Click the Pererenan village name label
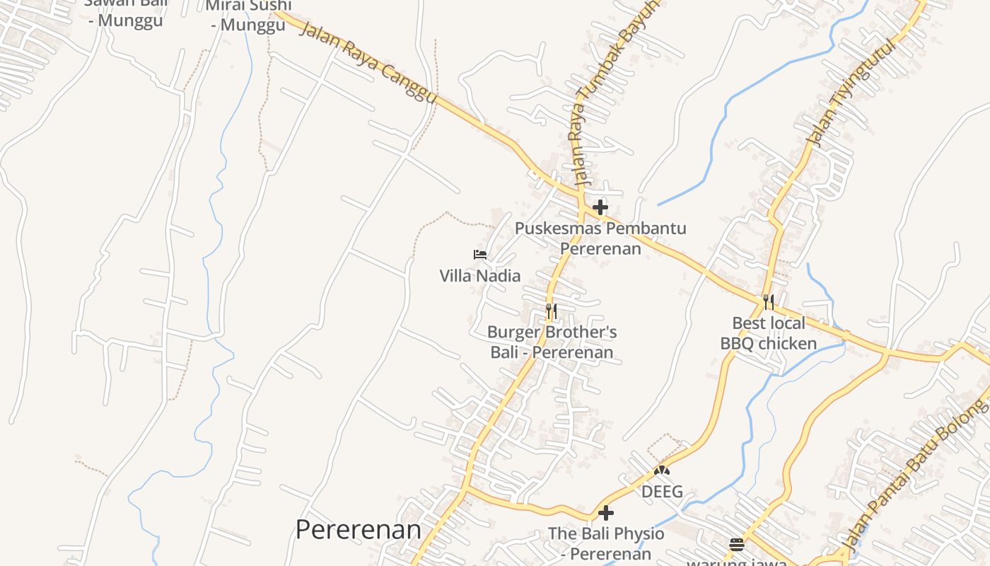358,529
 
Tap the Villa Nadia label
480,276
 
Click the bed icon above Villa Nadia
480,255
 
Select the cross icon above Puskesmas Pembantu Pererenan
600,207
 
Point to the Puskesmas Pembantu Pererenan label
600,238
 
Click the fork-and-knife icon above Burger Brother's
552,311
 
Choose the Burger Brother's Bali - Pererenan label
552,342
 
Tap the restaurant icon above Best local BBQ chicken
769,302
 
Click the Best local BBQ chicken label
769,333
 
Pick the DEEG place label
662,491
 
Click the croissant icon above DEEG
662,470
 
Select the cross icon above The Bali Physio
606,513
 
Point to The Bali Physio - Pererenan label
606,543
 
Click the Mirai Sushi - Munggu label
248,15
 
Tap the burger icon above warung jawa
737,545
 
